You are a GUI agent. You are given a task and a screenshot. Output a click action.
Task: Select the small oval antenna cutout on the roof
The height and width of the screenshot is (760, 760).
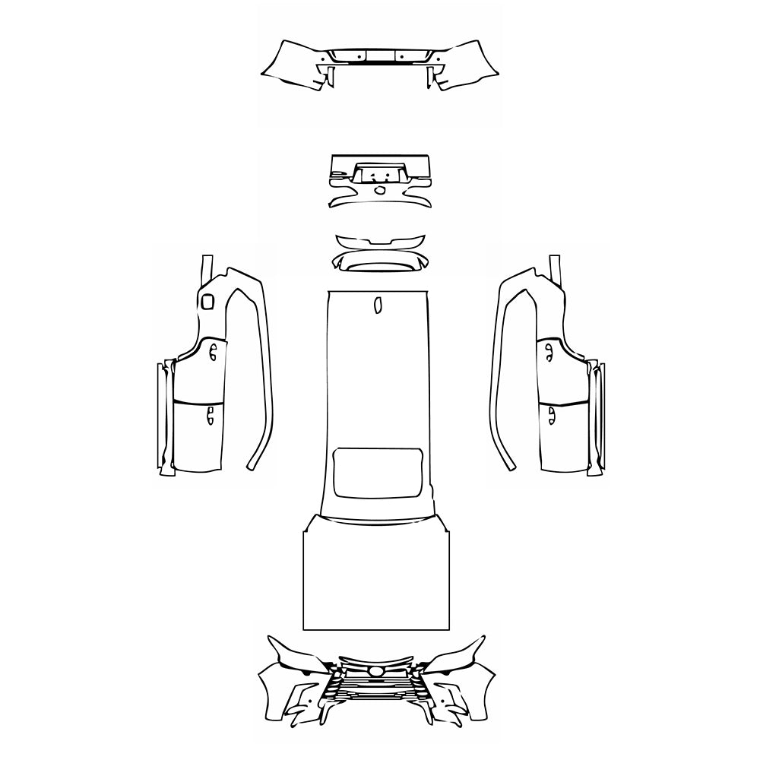pos(376,305)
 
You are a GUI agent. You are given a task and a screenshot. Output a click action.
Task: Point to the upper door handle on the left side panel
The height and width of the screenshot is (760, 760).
pos(214,351)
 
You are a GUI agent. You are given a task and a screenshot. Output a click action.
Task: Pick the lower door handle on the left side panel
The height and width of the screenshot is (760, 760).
pos(210,414)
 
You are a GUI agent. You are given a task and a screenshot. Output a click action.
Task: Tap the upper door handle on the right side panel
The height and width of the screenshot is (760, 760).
pos(547,349)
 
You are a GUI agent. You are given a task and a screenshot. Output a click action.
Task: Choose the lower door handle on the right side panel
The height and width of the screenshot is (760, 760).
pos(549,414)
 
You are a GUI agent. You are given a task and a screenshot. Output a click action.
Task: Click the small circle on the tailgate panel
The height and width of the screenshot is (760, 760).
pos(379,189)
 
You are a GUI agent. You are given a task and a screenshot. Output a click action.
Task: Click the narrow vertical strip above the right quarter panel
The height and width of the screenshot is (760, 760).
pos(556,268)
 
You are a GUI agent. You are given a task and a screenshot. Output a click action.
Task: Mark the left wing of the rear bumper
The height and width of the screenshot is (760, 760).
pos(293,65)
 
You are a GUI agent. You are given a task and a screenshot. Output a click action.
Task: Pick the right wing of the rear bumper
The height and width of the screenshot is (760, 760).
pos(467,65)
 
